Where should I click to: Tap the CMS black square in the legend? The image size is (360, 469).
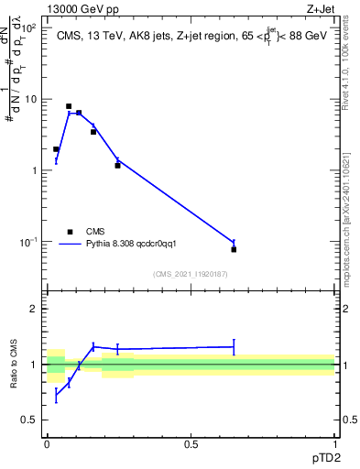pos(71,232)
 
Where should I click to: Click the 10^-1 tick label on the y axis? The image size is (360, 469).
pos(28,242)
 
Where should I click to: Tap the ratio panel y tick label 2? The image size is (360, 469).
pos(35,309)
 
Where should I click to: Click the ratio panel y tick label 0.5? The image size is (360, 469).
pos(30,420)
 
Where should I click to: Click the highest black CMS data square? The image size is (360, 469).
pos(69,106)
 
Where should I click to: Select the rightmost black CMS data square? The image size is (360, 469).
pos(234,249)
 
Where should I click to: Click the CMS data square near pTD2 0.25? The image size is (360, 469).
pos(117,166)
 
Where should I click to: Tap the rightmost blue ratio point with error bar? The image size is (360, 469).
pos(234,346)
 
